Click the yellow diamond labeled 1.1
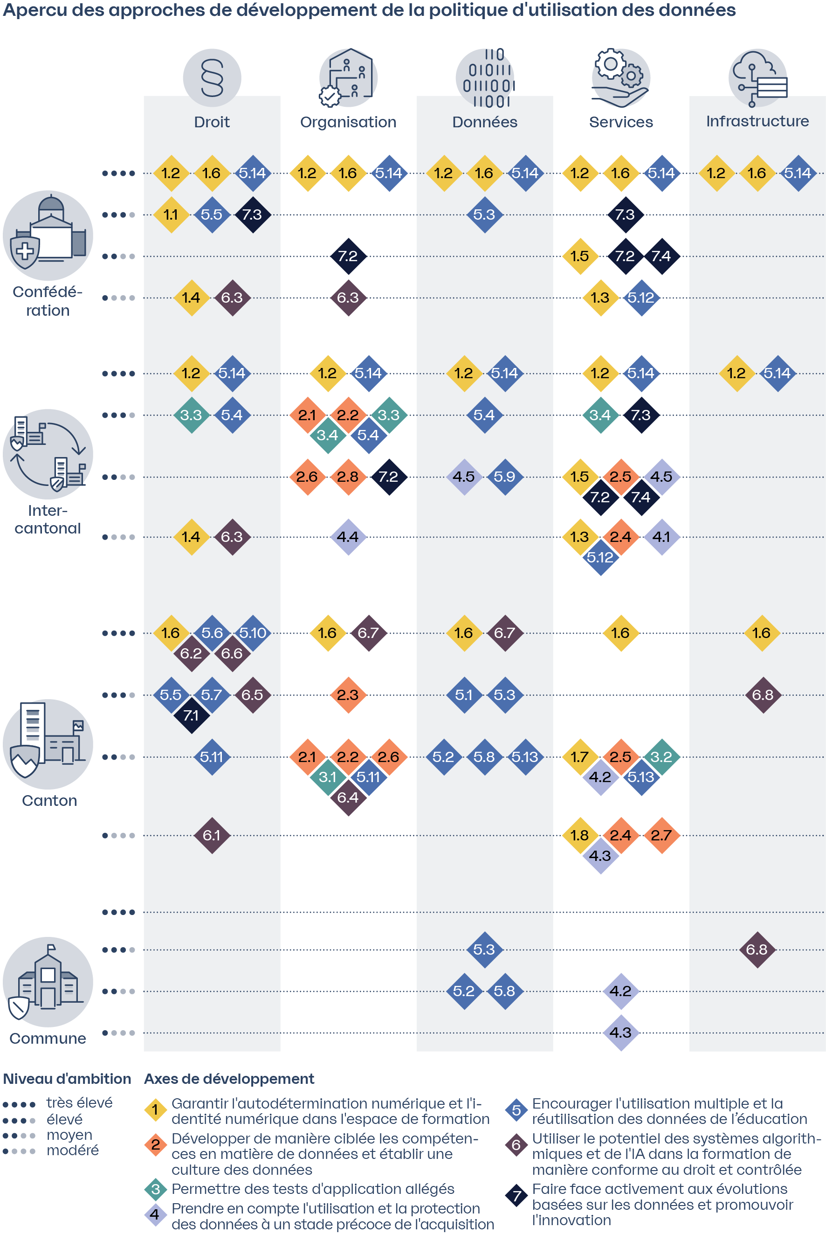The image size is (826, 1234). click(171, 215)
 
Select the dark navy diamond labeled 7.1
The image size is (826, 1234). click(191, 715)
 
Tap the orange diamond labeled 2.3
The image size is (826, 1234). click(348, 694)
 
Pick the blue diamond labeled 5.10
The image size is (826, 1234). click(253, 632)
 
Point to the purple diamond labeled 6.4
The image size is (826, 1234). click(348, 797)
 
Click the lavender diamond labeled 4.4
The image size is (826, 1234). click(348, 536)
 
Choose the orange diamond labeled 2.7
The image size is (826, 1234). click(661, 835)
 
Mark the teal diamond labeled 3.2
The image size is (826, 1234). click(661, 756)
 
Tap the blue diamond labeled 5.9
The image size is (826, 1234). click(505, 476)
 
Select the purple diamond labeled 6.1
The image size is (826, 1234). click(212, 835)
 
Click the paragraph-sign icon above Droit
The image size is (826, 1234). click(212, 78)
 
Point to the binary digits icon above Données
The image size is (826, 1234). click(485, 78)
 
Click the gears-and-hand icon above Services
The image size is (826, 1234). click(620, 78)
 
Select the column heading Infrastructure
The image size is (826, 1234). click(757, 121)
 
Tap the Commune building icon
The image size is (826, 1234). click(48, 981)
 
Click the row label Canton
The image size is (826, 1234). click(49, 800)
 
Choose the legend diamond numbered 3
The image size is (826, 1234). click(155, 1189)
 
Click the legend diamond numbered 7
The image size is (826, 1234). click(516, 1196)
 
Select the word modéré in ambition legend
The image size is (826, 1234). click(72, 1150)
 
